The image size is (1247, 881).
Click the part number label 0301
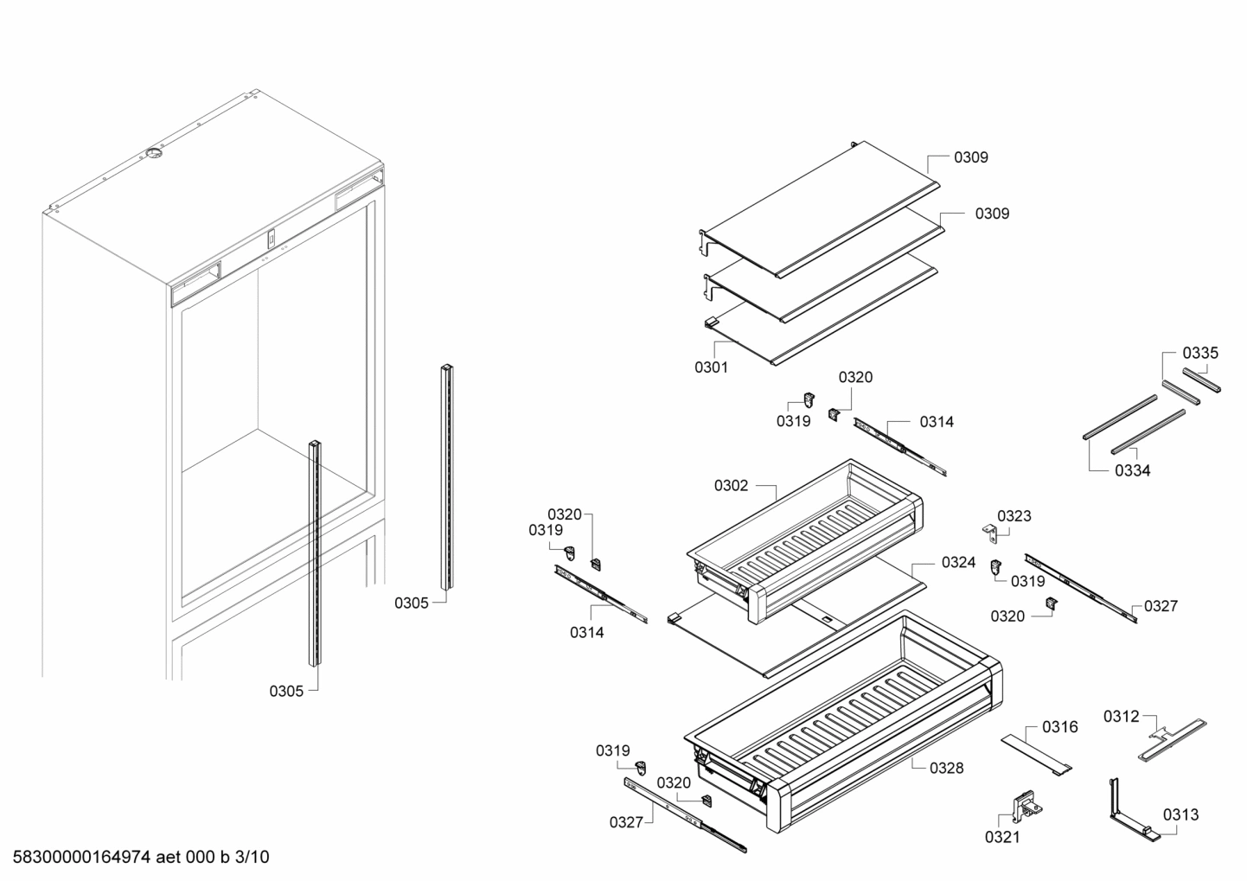tap(711, 367)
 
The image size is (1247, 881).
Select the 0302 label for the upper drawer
tap(731, 486)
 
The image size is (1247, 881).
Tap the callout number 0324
tap(958, 563)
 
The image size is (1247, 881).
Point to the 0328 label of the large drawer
tap(946, 768)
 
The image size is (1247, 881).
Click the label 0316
tap(1059, 727)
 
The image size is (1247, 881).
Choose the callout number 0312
tap(1121, 716)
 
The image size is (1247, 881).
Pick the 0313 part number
tap(1180, 814)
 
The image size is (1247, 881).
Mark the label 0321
tap(1001, 837)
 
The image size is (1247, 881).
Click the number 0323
tap(1014, 516)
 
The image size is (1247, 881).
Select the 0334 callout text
tap(1132, 471)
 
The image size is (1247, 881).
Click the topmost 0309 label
tap(970, 157)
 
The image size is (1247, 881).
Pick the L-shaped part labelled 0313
tap(1124, 813)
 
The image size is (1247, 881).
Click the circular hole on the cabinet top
tap(153, 155)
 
